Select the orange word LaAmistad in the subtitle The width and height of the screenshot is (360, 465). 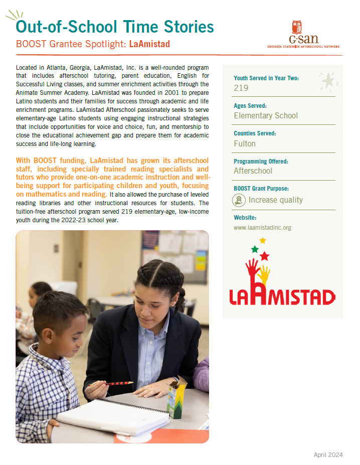149,44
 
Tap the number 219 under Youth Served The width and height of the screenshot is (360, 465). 241,88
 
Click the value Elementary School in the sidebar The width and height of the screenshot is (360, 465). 266,116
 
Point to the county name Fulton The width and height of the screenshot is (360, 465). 245,143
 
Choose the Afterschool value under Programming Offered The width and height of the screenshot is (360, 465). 253,171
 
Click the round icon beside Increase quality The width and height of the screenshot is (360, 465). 239,200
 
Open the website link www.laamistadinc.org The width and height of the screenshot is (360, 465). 262,228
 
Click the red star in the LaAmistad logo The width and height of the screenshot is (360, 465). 264,256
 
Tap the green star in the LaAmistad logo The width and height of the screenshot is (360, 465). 255,249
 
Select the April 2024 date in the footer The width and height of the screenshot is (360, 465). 328,455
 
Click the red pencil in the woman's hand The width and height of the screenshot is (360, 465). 118,383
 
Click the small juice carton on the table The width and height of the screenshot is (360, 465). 177,399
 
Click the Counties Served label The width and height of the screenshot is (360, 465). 255,134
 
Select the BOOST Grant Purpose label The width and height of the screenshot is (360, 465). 261,189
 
